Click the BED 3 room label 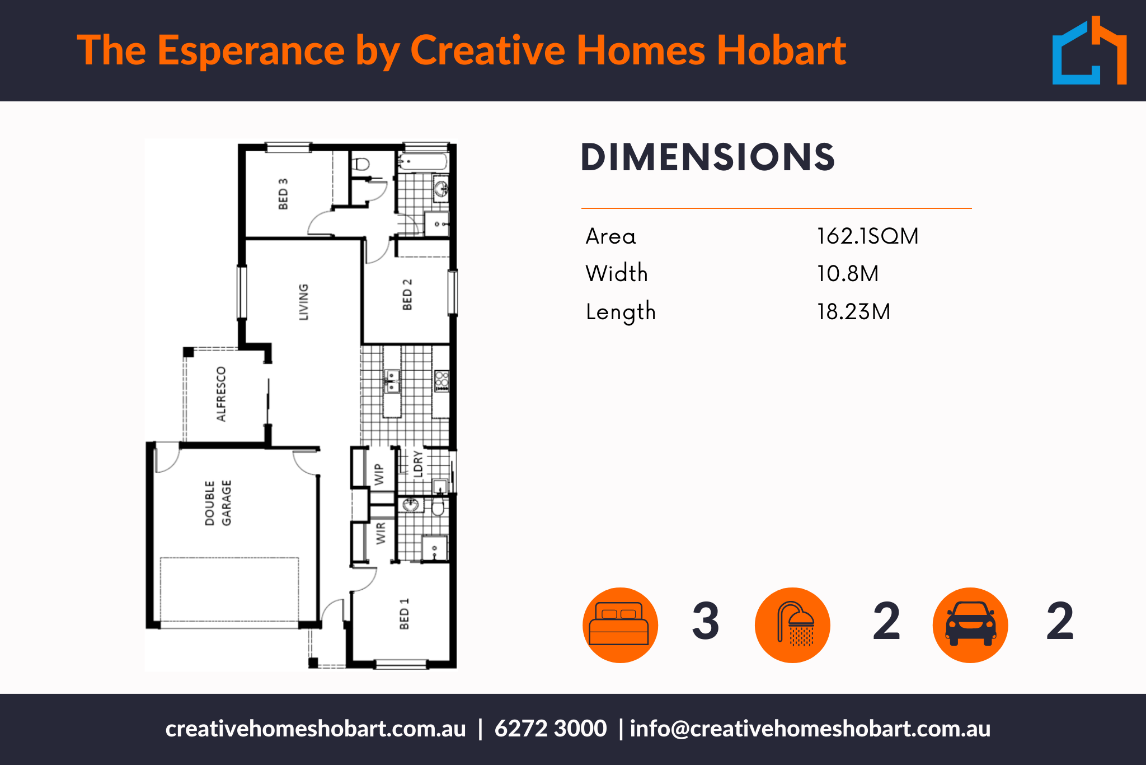click(283, 194)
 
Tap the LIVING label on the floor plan click(303, 302)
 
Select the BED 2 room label click(407, 295)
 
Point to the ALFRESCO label click(222, 394)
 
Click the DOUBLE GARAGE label click(218, 503)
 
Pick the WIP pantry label click(379, 474)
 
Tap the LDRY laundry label click(418, 464)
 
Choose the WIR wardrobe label click(381, 533)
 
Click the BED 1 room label click(405, 614)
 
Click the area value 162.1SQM click(867, 236)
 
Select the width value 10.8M click(848, 274)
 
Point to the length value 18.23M click(853, 312)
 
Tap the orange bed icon click(620, 625)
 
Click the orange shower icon click(792, 625)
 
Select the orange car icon click(970, 625)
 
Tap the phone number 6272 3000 click(551, 729)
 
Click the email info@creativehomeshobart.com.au click(810, 729)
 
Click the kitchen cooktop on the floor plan click(442, 381)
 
